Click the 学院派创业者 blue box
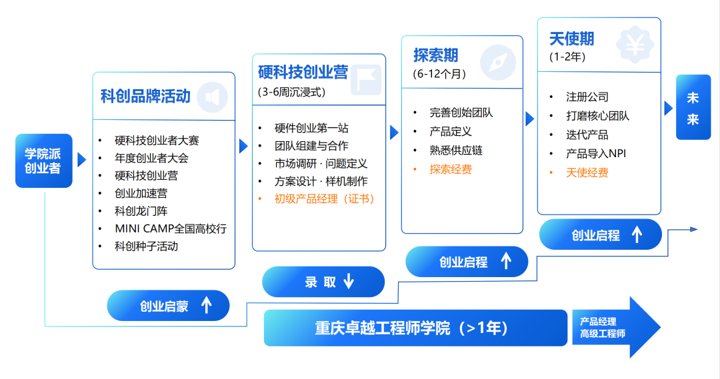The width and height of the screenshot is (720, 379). tap(43, 161)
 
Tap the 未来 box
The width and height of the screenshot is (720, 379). tap(693, 107)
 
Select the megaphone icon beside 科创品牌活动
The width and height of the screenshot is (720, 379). tap(212, 97)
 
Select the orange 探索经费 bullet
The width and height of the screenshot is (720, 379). tap(451, 169)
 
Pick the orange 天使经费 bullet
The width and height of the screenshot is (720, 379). tap(587, 173)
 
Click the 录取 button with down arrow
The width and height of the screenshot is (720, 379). tap(323, 282)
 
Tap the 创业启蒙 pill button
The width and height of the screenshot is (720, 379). tap(168, 306)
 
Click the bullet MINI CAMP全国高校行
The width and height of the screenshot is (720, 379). tap(171, 228)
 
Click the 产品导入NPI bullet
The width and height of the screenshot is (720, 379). tap(596, 153)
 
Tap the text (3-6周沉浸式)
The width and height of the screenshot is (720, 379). tap(292, 93)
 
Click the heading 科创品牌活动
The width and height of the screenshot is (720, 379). tap(145, 96)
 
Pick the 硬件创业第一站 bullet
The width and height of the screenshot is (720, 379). tap(311, 128)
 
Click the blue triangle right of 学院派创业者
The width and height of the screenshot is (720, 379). tap(81, 160)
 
